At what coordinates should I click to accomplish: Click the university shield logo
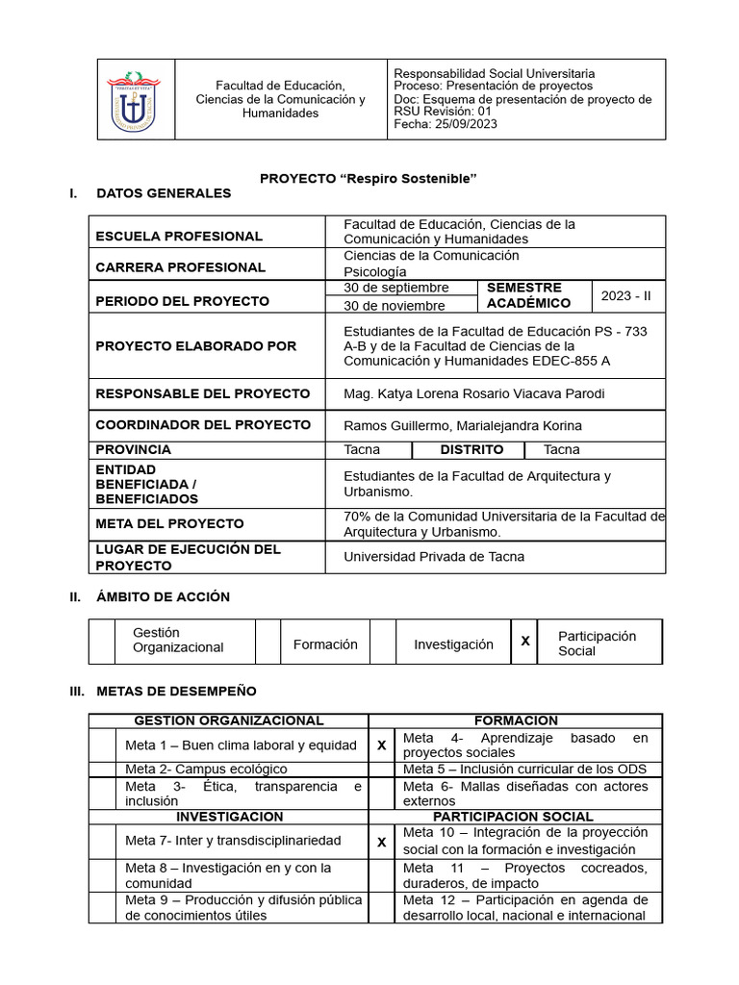coord(134,99)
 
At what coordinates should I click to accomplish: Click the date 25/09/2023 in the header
coord(466,124)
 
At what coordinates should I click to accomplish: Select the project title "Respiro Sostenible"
coord(369,179)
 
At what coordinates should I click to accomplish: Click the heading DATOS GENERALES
coord(164,193)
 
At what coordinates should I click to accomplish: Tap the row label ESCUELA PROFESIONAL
coord(179,236)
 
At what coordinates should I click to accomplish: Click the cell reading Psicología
coord(375,272)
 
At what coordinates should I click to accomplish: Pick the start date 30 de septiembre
coord(396,288)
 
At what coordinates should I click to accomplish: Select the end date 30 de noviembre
coord(395,306)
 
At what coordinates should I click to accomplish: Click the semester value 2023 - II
coord(626,295)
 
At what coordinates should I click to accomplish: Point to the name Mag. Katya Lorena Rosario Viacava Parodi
coord(474,393)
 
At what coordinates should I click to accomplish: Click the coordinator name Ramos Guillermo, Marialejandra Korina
coord(463,425)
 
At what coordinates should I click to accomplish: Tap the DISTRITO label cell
coord(471,449)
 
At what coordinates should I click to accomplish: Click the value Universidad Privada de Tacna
coord(434,556)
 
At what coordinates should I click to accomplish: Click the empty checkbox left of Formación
coord(268,643)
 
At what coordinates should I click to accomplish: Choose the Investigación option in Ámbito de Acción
coord(453,644)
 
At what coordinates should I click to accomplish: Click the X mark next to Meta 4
coord(382,745)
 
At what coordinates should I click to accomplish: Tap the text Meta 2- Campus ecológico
coord(206,769)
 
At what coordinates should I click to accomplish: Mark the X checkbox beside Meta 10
coord(382,842)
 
